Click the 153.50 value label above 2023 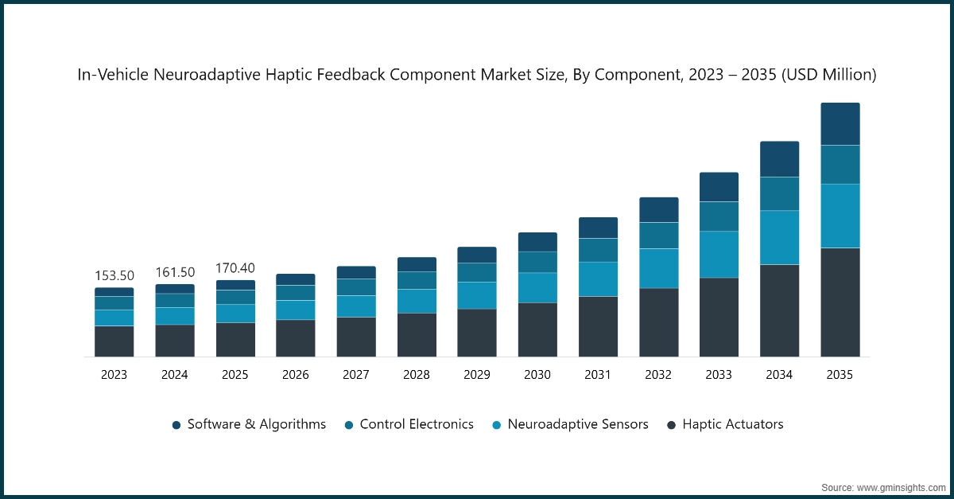pyautogui.click(x=114, y=275)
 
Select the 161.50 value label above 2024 pyautogui.click(x=175, y=272)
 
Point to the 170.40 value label pyautogui.click(x=235, y=267)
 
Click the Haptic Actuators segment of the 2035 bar pyautogui.click(x=840, y=302)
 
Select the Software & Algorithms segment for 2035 pyautogui.click(x=840, y=124)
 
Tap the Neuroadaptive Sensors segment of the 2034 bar pyautogui.click(x=779, y=237)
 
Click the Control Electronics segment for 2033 pyautogui.click(x=719, y=216)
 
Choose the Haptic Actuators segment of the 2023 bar pyautogui.click(x=114, y=341)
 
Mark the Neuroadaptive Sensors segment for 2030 pyautogui.click(x=537, y=287)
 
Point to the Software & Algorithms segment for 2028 pyautogui.click(x=417, y=264)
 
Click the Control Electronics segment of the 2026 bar pyautogui.click(x=296, y=292)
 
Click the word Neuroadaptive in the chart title pyautogui.click(x=199, y=75)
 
